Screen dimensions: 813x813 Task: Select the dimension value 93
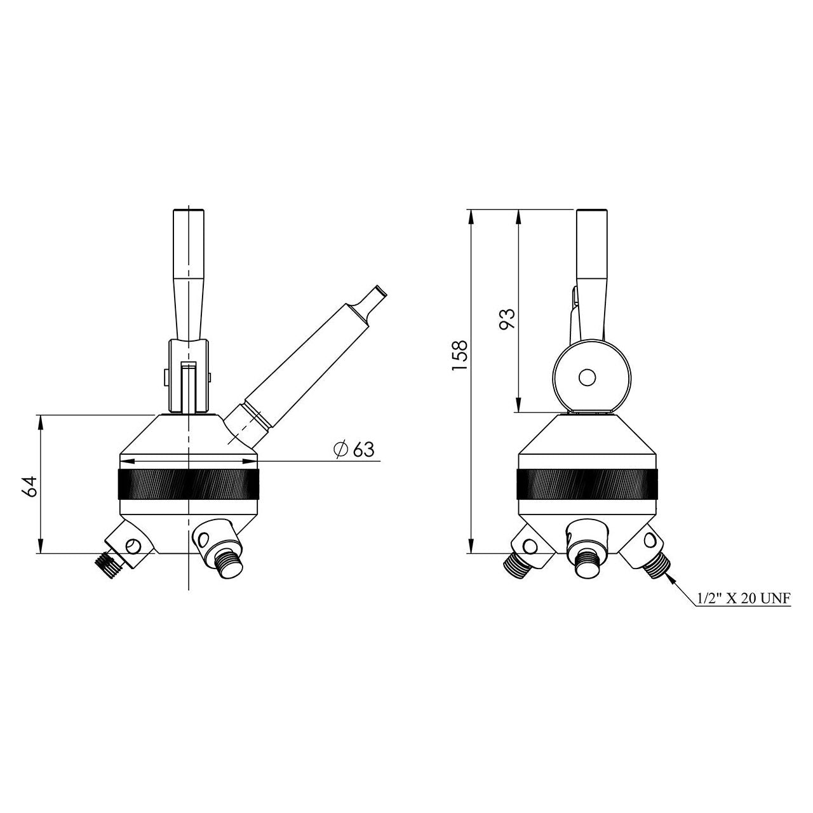507,319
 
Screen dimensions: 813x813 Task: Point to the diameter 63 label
354,450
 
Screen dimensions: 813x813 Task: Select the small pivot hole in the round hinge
586,377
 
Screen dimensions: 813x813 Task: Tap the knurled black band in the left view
189,483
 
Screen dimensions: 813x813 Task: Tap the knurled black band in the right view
586,483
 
